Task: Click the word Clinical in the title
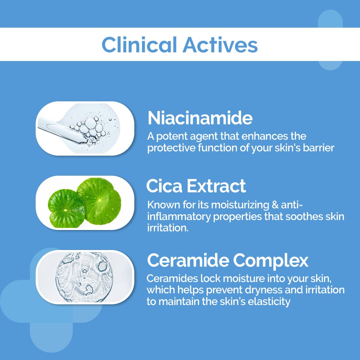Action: pyautogui.click(x=139, y=45)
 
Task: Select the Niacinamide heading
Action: pyautogui.click(x=200, y=118)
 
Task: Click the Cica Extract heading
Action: pyautogui.click(x=196, y=186)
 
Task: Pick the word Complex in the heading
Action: pyautogui.click(x=271, y=261)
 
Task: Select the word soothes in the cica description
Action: pyautogui.click(x=303, y=217)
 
